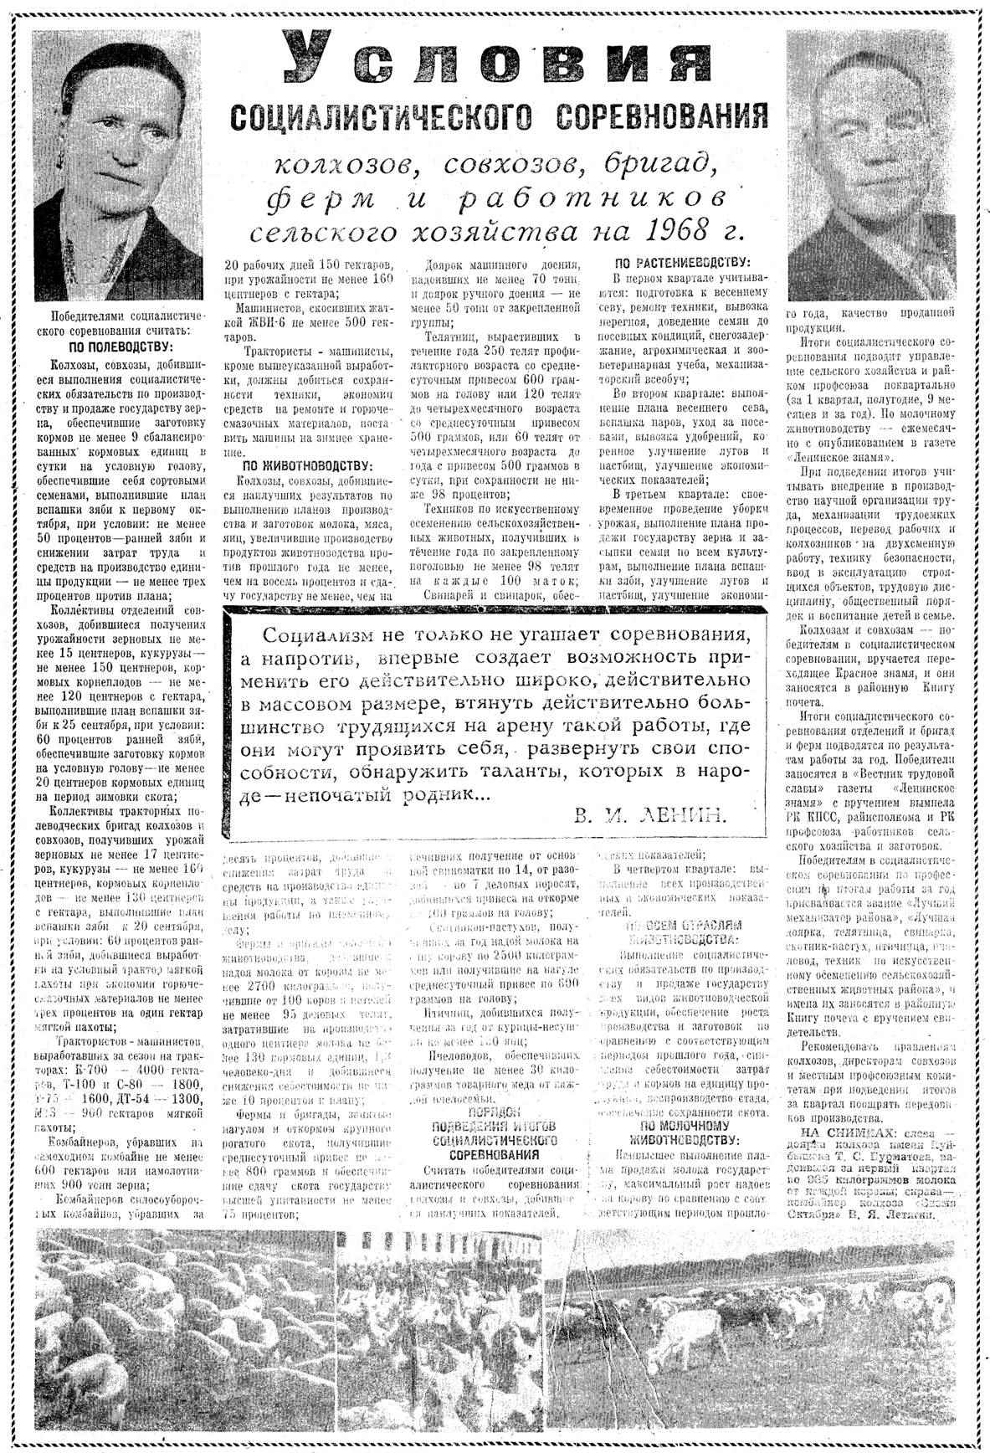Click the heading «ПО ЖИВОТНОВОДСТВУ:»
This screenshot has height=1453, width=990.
click(x=308, y=465)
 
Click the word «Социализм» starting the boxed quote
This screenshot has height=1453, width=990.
click(x=308, y=634)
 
